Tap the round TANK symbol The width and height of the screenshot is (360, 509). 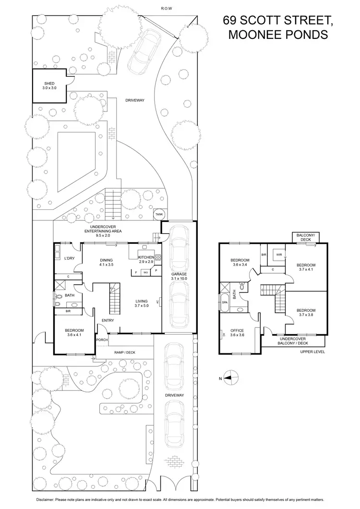click(159, 214)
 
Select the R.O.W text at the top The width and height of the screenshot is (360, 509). click(167, 9)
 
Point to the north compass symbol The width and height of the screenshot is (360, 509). click(230, 378)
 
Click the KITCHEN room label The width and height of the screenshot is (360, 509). click(146, 258)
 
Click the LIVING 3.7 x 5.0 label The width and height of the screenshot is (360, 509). click(144, 303)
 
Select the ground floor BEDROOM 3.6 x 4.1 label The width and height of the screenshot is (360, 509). click(71, 332)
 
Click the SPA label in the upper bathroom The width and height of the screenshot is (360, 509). click(224, 303)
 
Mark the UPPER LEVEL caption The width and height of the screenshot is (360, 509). click(312, 352)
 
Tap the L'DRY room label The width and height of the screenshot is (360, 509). click(70, 259)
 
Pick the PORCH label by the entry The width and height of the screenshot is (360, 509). click(102, 340)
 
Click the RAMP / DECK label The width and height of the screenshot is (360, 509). click(125, 352)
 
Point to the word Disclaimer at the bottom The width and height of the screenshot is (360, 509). click(48, 500)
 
